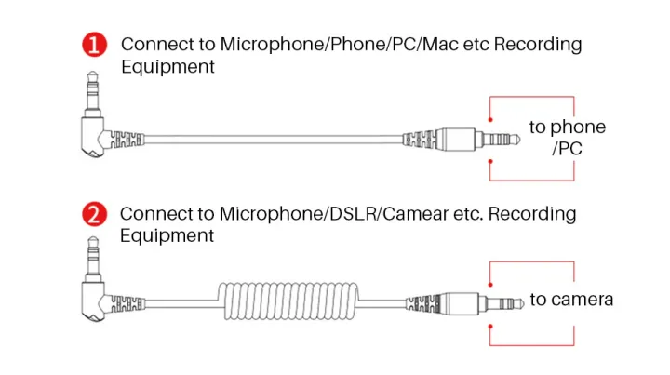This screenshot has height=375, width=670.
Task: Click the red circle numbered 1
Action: (x=94, y=45)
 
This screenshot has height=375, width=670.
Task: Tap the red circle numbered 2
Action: (x=94, y=214)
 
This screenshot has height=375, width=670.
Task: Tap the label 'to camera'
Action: (x=571, y=300)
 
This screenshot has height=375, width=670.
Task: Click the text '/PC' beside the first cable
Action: (x=567, y=149)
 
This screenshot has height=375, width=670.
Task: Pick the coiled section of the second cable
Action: (x=288, y=301)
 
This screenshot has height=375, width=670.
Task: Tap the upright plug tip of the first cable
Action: (x=93, y=92)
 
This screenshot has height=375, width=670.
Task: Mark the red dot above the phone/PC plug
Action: (x=490, y=120)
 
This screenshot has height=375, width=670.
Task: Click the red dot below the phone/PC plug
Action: (x=490, y=162)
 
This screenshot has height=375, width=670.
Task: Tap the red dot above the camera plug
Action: (x=490, y=285)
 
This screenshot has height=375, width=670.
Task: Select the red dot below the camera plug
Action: (x=490, y=327)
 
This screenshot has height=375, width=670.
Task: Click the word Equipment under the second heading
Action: (x=167, y=236)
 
